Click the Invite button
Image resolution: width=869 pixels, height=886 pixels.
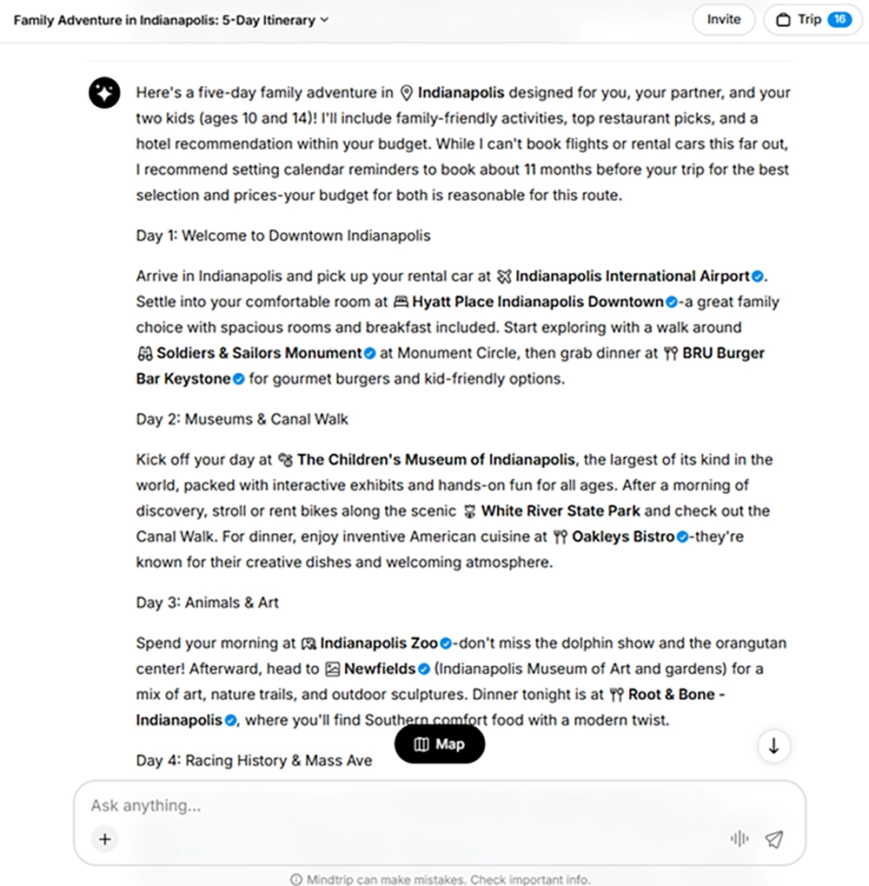point(723,19)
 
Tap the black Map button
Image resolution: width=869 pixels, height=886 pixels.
point(440,744)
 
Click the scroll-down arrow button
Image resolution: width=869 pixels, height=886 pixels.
point(773,746)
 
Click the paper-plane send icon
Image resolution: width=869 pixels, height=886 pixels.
point(773,839)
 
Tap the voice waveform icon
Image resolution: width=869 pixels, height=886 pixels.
point(740,839)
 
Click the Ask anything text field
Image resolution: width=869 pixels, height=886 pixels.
point(391,806)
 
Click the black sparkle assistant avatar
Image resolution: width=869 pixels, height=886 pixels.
point(104,93)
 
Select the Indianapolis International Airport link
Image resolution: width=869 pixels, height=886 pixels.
point(632,276)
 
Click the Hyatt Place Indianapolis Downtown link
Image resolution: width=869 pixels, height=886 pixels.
point(538,302)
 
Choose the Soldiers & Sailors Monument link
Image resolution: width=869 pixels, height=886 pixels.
point(259,353)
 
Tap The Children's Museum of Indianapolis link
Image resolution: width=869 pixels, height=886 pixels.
point(435,459)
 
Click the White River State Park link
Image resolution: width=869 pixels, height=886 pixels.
point(562,510)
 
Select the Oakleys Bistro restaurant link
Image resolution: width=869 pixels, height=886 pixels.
point(622,536)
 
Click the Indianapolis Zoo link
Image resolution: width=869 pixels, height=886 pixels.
point(379,643)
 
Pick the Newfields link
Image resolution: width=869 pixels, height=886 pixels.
point(379,669)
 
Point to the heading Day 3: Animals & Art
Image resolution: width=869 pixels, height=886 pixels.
point(208,603)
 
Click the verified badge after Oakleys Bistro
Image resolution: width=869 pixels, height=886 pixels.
point(682,536)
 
